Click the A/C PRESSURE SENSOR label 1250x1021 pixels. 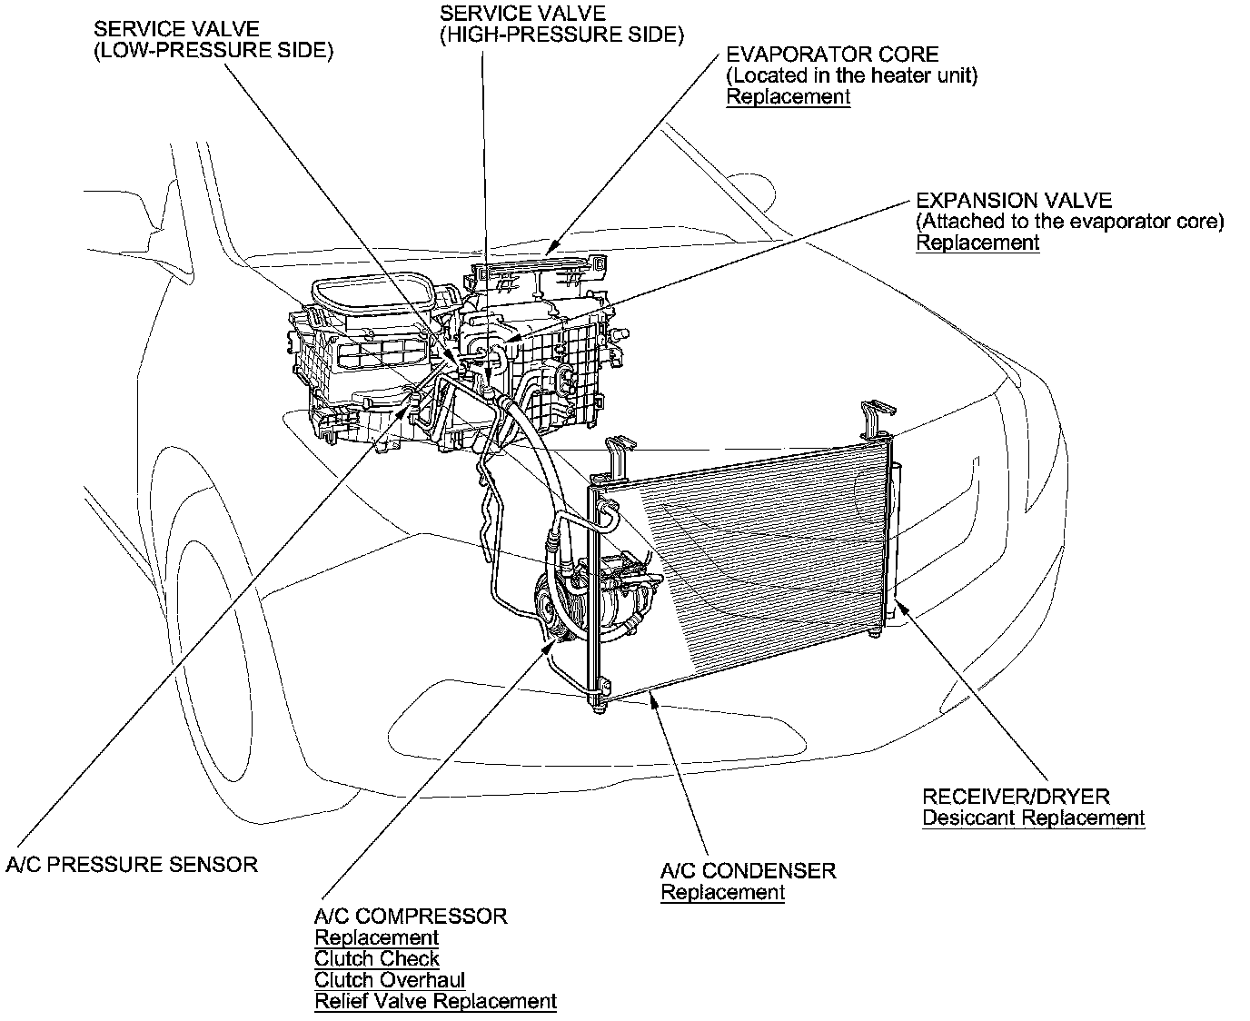click(132, 864)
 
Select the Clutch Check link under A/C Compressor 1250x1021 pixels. click(377, 959)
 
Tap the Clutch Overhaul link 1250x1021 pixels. click(390, 981)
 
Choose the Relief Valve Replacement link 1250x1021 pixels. click(435, 1002)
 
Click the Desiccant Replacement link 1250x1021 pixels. click(1033, 818)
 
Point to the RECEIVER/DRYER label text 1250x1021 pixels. click(1016, 797)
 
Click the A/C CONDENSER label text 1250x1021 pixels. click(748, 871)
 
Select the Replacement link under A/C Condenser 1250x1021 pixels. click(722, 892)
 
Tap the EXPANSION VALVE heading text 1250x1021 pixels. click(1014, 201)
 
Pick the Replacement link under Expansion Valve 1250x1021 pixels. click(977, 243)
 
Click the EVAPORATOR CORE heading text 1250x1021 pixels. click(832, 55)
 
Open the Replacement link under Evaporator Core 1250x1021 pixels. click(789, 97)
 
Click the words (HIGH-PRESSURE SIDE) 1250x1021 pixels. click(561, 35)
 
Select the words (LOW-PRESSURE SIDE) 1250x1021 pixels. click(213, 50)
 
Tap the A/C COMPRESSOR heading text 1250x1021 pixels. click(411, 917)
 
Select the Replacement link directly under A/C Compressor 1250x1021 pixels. click(376, 937)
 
